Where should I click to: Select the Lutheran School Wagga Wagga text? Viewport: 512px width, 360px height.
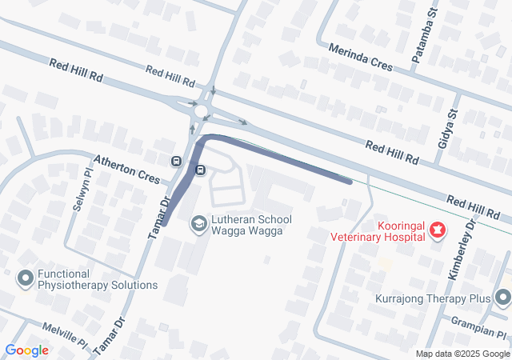pos(251,226)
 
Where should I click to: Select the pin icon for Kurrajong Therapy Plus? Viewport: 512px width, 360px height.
pos(502,298)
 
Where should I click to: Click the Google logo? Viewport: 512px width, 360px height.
pos(26,350)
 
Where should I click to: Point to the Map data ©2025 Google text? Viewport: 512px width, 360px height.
pos(462,354)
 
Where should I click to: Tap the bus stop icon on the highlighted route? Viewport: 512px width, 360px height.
pos(200,170)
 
